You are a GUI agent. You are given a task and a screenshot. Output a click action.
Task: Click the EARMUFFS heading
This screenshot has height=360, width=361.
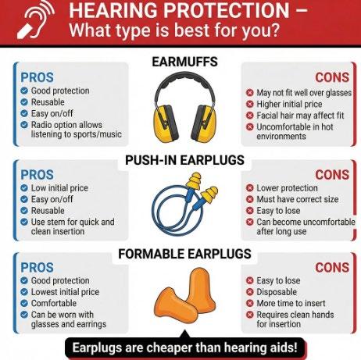click(184, 62)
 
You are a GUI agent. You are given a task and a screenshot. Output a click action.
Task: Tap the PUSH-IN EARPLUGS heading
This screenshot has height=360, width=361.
click(184, 160)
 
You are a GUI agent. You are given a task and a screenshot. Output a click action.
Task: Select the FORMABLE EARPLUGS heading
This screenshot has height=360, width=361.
click(184, 254)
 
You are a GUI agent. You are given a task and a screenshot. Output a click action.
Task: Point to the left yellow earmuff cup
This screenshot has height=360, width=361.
click(166, 123)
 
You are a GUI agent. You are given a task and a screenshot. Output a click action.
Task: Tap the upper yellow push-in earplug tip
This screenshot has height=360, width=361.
click(195, 180)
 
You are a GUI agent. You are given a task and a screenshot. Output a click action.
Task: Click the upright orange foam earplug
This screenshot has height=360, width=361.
click(201, 288)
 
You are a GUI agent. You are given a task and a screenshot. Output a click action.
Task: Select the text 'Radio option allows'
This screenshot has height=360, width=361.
click(66, 125)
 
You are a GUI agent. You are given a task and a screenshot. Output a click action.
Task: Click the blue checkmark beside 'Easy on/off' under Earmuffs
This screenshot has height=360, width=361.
click(24, 113)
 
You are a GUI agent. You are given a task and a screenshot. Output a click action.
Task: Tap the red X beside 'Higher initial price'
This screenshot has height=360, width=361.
click(249, 104)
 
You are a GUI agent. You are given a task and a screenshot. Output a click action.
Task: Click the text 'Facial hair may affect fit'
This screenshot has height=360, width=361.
click(300, 116)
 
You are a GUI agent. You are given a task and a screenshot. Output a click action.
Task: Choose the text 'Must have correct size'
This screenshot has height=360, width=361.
click(298, 199)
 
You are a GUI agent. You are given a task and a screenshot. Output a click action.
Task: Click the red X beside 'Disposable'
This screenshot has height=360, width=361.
click(249, 292)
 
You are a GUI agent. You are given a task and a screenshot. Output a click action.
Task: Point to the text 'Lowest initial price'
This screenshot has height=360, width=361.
click(65, 292)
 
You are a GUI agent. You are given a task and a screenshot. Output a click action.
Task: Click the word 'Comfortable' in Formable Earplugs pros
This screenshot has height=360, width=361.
click(54, 303)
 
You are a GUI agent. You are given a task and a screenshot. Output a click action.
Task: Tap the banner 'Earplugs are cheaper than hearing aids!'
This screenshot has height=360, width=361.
click(184, 348)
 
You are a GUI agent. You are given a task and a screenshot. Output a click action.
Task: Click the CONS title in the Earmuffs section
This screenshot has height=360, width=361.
click(332, 77)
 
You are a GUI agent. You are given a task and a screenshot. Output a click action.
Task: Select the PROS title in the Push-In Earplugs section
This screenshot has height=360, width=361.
click(37, 175)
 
